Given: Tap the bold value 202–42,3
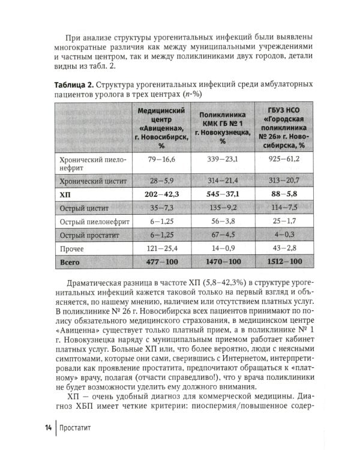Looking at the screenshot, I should [x=161, y=194].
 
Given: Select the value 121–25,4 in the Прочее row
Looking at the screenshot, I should [x=161, y=248].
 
